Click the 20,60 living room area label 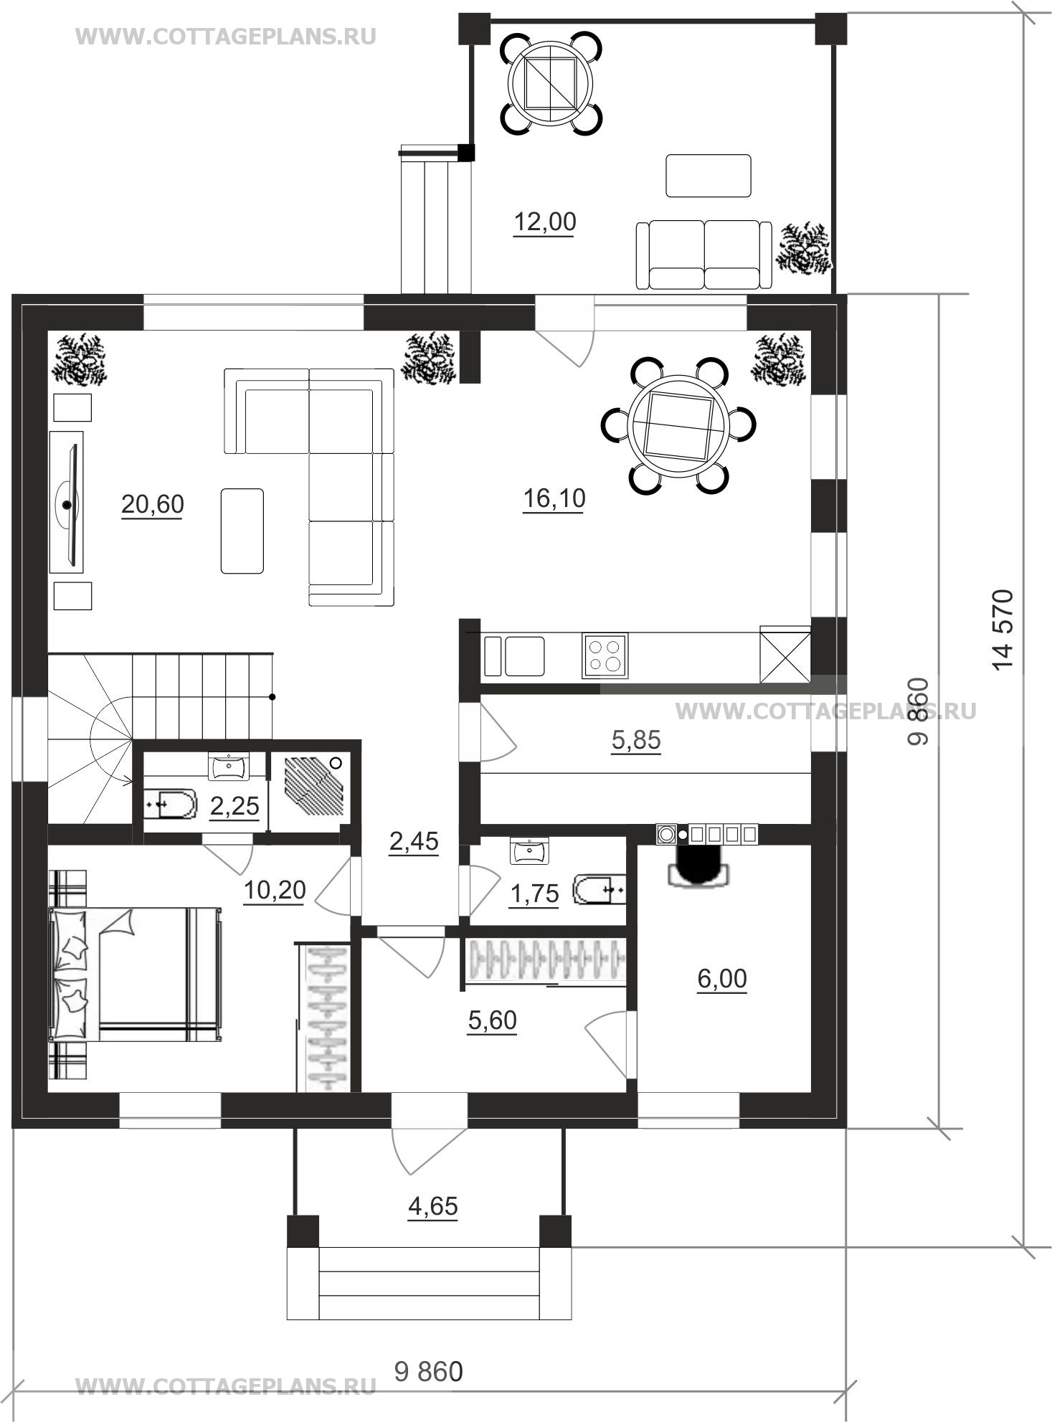[152, 505]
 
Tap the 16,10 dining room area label [554, 498]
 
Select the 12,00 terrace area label [545, 223]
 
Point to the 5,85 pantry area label [636, 740]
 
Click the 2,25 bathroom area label [234, 807]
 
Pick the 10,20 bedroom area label [275, 891]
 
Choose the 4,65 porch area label [432, 1207]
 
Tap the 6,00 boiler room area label [722, 979]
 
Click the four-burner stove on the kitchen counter [605, 655]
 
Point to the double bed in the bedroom [133, 974]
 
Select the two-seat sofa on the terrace [703, 255]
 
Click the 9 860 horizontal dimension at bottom [429, 1371]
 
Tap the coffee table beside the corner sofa [242, 531]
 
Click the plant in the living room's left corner [78, 359]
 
